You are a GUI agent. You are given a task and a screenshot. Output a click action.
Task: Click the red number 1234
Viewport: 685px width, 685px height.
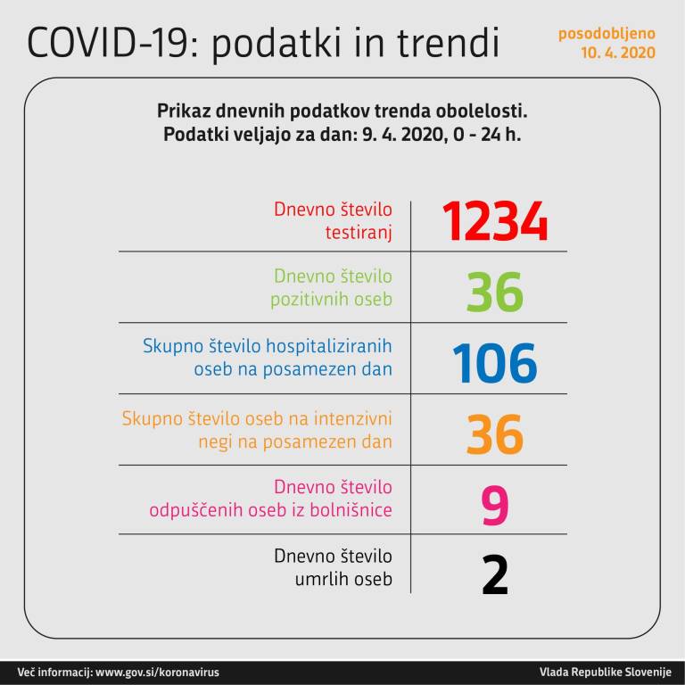coord(495,223)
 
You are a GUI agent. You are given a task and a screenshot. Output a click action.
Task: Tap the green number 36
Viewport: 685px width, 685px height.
coord(495,293)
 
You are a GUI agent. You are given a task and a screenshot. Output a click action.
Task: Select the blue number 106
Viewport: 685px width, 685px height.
coord(495,363)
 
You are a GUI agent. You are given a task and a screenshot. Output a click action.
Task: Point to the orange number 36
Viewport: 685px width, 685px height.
coord(495,434)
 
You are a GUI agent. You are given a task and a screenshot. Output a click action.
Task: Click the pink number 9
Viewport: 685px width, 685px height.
coord(495,505)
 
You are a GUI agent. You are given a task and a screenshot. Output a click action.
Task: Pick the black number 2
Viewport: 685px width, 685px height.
coord(495,575)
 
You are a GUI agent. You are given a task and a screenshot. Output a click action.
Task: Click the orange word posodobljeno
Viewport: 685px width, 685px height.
coord(607,34)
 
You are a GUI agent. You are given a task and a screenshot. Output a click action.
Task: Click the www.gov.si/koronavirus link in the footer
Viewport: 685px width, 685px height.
coord(157,672)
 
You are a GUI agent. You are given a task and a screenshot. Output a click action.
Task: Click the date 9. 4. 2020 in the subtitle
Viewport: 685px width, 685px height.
coord(384,135)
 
